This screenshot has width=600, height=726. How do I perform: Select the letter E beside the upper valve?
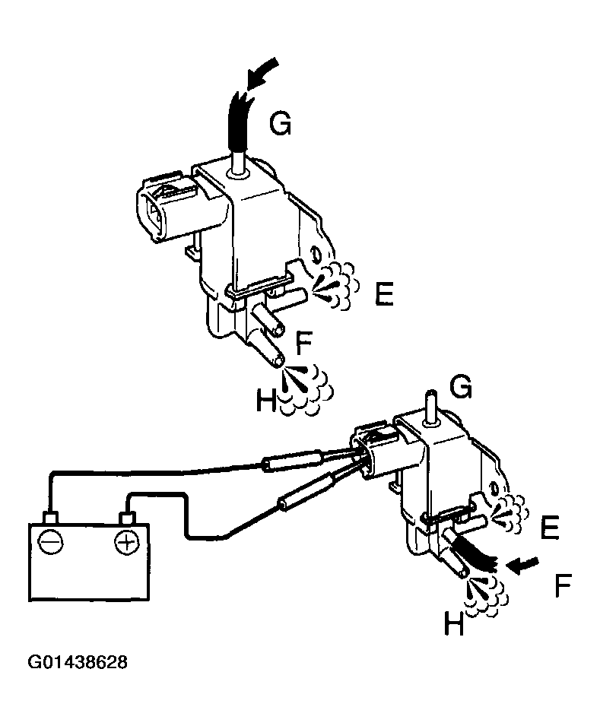(383, 293)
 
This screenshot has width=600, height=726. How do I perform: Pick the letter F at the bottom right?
(563, 586)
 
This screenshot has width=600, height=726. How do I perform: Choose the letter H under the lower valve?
(453, 626)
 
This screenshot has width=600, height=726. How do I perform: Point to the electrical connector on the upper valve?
(164, 204)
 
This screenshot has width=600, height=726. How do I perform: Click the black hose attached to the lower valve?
(475, 555)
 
